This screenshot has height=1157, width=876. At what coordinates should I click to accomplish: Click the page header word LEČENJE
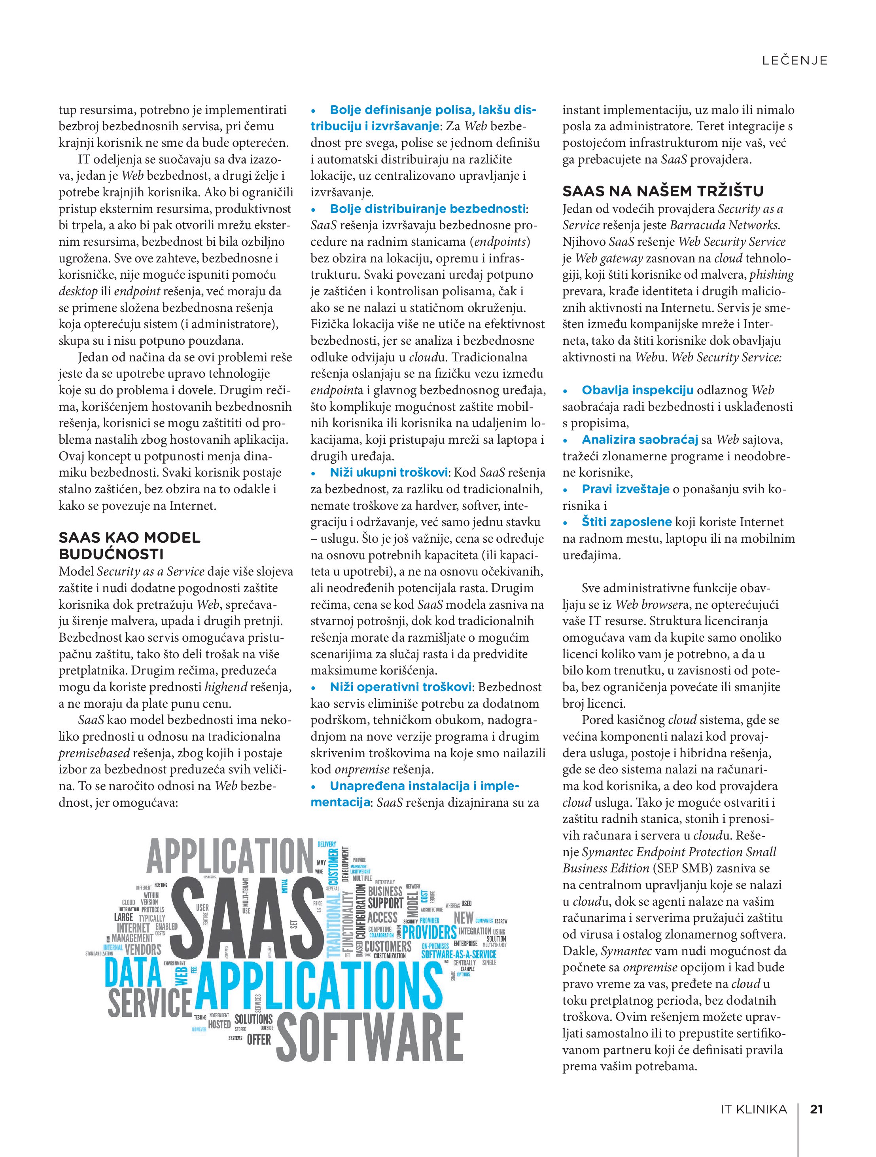point(795,61)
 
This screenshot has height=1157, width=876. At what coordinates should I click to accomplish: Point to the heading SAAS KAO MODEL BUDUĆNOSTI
point(130,545)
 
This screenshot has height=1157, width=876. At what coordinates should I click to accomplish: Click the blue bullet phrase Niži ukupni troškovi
point(388,472)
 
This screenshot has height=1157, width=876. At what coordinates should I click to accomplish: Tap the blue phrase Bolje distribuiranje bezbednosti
point(427,209)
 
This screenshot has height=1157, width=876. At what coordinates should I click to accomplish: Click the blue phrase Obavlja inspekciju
point(637,390)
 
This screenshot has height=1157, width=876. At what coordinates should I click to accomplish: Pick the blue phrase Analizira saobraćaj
point(640,439)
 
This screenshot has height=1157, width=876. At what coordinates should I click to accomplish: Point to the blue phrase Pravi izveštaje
point(625,489)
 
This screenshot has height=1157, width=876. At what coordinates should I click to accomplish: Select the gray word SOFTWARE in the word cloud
point(370,1038)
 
